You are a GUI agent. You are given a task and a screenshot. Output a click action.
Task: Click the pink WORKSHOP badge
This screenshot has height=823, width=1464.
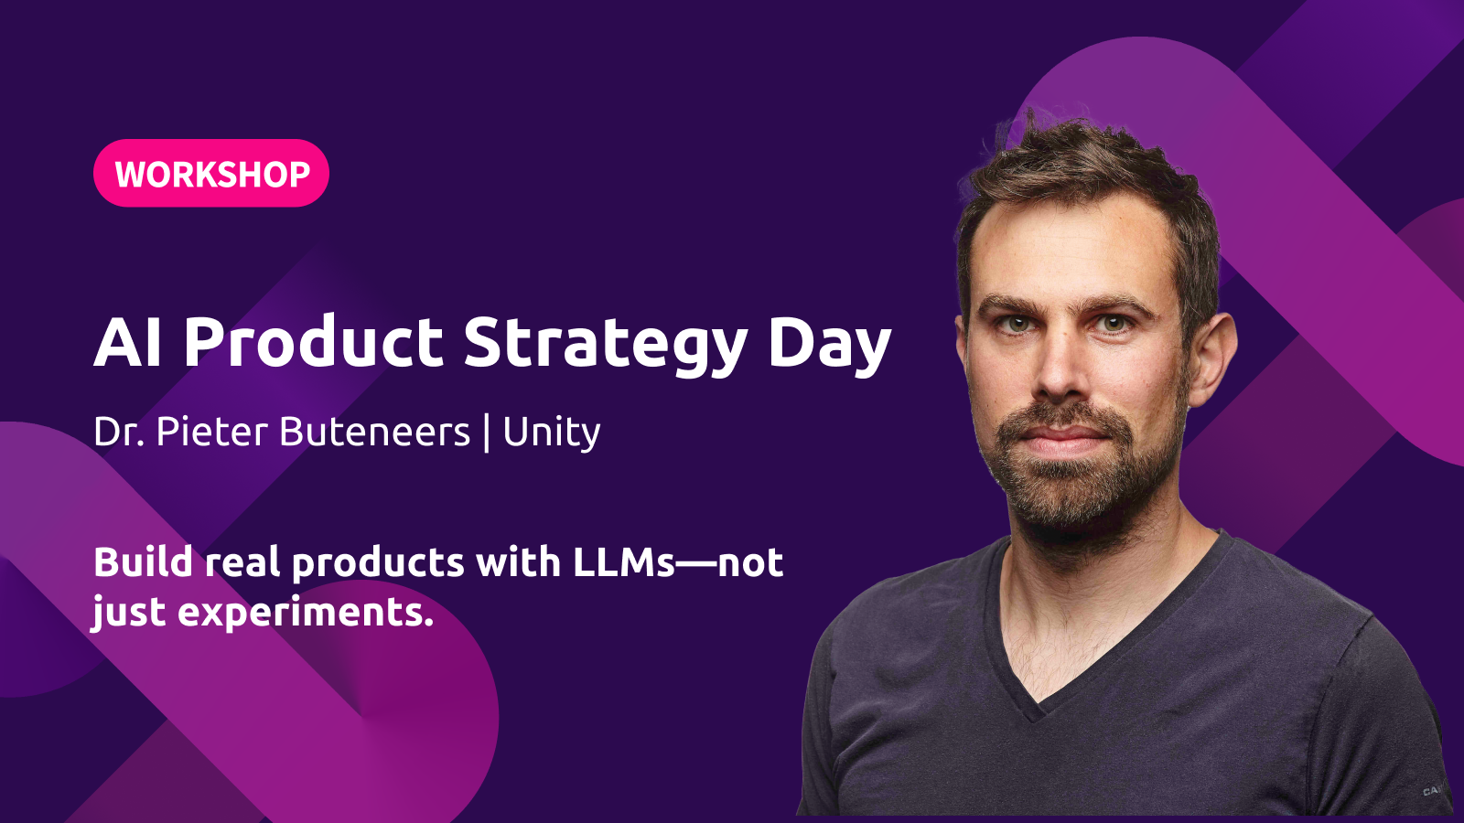pyautogui.click(x=211, y=173)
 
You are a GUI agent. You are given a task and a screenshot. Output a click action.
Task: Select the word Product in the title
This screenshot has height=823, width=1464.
pyautogui.click(x=314, y=341)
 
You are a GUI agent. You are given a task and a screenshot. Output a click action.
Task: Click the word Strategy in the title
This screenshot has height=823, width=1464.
pyautogui.click(x=606, y=347)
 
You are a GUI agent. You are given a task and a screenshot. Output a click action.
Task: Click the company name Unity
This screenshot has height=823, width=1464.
pyautogui.click(x=551, y=433)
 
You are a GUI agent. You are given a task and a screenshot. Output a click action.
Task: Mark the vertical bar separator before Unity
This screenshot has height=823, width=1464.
pyautogui.click(x=486, y=432)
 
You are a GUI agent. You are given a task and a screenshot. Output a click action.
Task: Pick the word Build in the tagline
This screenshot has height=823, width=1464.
pyautogui.click(x=143, y=561)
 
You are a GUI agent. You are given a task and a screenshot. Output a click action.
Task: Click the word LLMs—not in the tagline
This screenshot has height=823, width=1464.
pyautogui.click(x=678, y=561)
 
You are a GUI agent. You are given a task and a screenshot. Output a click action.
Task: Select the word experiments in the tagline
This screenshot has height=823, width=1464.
pyautogui.click(x=306, y=613)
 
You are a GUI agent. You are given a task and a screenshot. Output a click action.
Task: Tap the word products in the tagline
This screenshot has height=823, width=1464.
pyautogui.click(x=378, y=563)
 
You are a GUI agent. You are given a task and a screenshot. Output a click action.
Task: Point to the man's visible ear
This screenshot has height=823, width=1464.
pyautogui.click(x=1213, y=359)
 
